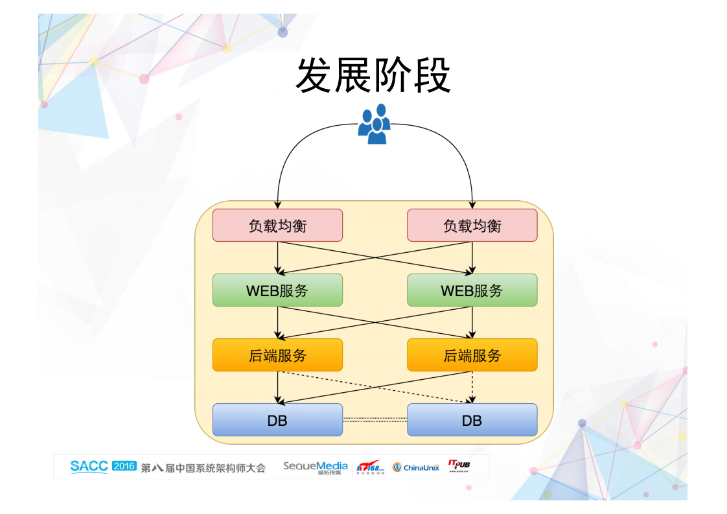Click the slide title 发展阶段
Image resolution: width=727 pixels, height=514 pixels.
pos(373,76)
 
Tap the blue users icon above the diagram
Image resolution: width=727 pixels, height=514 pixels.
pos(374,124)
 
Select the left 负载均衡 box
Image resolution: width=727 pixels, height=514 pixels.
pos(277,226)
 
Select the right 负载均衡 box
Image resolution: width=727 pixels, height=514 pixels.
pos(472,226)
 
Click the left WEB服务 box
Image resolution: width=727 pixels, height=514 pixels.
pos(277,290)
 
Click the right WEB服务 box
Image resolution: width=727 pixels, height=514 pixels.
pos(472,290)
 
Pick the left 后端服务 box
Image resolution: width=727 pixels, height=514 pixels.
pos(277,355)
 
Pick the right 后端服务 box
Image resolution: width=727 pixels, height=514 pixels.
pos(472,355)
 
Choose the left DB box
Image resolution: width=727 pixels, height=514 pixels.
pos(277,420)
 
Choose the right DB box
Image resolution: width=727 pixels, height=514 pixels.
pos(472,420)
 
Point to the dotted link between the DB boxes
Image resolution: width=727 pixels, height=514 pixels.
pos(375,419)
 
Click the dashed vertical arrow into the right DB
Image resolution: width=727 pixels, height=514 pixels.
pos(472,387)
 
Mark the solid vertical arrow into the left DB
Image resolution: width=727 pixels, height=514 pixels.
pos(277,387)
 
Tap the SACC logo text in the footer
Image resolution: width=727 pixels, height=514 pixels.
pos(89,467)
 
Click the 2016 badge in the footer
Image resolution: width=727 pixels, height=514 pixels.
pos(124,466)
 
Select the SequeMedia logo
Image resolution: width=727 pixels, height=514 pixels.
pos(315,467)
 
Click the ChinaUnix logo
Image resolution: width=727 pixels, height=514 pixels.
pos(416,467)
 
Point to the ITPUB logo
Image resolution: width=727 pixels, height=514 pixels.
pos(459,466)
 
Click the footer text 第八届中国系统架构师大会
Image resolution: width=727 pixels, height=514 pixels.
pos(203,467)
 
